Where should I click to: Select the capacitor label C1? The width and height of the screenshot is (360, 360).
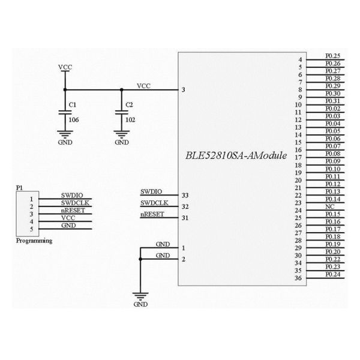pos(73,105)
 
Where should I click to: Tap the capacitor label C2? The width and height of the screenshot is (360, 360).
pos(130,105)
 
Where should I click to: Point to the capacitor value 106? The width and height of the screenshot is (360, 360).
pos(74,119)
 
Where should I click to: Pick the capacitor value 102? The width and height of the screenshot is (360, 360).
pos(130,119)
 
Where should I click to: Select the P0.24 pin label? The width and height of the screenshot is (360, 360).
pos(332,274)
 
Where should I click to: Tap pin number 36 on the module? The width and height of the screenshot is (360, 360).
pos(298,278)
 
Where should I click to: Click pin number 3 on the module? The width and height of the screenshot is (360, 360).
pos(183,90)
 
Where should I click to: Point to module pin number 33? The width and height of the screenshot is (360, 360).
pos(184,195)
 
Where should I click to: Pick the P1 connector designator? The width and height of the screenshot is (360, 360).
pos(19,188)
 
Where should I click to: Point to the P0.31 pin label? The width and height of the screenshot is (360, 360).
pos(332,101)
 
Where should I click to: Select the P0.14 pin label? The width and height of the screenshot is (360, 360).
pos(332,199)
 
